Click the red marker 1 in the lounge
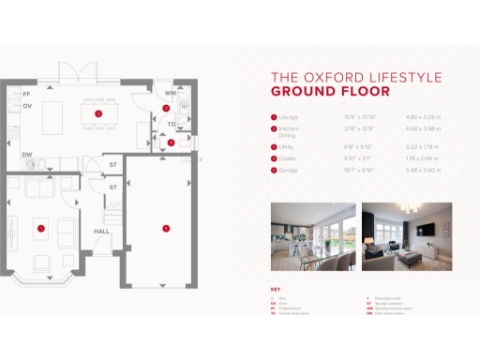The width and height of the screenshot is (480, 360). point(41,228)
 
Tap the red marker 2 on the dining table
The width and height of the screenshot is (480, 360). point(97,112)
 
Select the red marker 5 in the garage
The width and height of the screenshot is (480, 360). point(166,228)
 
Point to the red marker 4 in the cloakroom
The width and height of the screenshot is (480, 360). point(170,142)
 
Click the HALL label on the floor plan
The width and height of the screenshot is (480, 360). point(101,231)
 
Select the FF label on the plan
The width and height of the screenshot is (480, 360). point(26,96)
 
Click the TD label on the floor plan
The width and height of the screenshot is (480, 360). point(171,124)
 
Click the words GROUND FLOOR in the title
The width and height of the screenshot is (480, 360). point(318,92)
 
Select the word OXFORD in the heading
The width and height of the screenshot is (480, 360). point(322,77)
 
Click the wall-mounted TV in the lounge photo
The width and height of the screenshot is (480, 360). point(427,230)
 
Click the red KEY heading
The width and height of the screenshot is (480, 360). point(276,289)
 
